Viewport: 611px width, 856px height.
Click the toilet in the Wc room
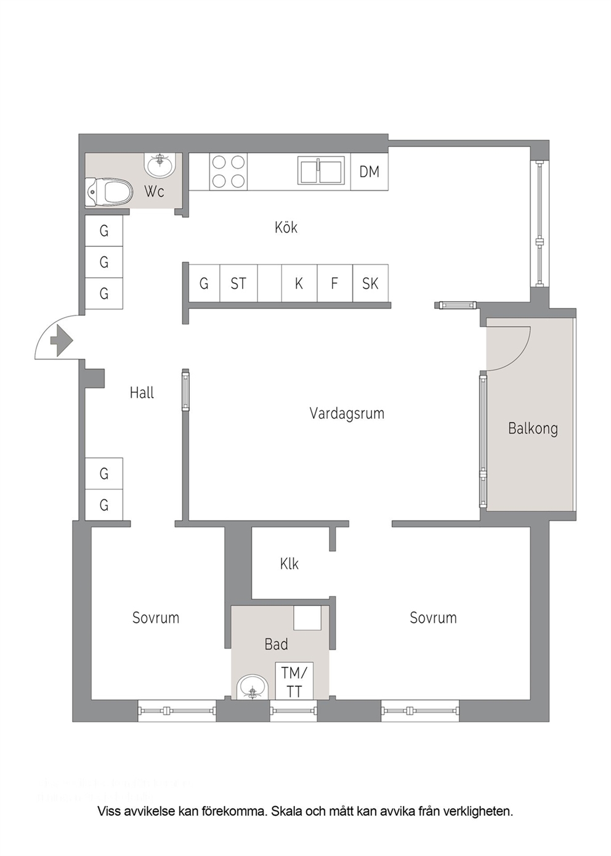point(109,193)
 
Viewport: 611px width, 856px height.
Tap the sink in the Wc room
point(160,164)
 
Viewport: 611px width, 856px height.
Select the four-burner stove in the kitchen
point(228,172)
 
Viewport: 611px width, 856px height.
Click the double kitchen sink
point(320,172)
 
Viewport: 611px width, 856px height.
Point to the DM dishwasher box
point(369,172)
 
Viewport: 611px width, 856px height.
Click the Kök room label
point(286,228)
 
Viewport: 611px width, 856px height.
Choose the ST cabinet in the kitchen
point(238,283)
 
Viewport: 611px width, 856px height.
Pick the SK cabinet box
point(370,283)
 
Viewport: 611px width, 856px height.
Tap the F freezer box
point(334,283)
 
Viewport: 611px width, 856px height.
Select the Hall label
point(142,393)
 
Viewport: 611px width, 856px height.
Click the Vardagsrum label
point(347,414)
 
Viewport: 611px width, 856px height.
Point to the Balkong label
point(533,429)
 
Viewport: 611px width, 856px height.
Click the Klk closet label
point(289,563)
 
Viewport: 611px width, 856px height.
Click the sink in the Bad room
point(252,688)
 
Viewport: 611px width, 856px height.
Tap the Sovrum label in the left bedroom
point(155,618)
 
